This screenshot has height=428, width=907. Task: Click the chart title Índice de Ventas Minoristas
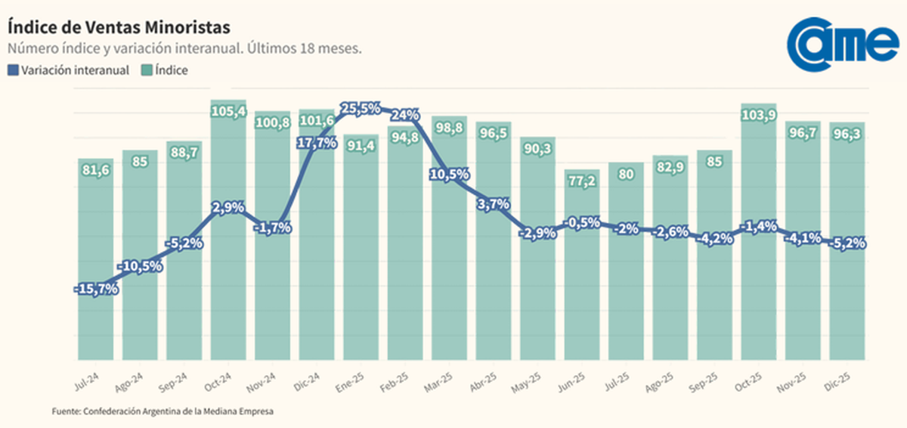(x=118, y=26)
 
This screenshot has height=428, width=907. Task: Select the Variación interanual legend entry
(x=69, y=70)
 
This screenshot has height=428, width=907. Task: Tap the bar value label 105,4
(x=228, y=112)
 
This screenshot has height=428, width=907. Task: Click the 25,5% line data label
(x=361, y=109)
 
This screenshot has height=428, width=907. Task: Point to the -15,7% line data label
(x=96, y=290)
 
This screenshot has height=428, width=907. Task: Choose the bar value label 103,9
(x=759, y=115)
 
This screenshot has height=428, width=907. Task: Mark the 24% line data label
(x=406, y=115)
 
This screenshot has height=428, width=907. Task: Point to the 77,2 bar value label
(x=581, y=181)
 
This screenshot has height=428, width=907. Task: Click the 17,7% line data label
(x=316, y=143)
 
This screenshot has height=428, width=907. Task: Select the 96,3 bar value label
(x=847, y=133)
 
